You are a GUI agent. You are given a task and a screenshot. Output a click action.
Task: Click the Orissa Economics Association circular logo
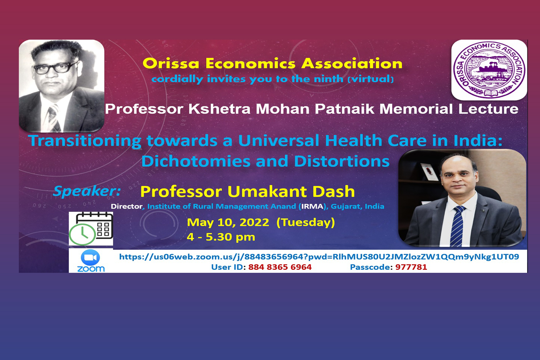click(x=489, y=70)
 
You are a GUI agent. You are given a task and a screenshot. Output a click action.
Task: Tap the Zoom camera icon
click(x=90, y=257)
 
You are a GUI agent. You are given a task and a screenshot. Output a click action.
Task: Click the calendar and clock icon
click(x=91, y=229)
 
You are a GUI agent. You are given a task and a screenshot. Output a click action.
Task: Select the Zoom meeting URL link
click(x=319, y=257)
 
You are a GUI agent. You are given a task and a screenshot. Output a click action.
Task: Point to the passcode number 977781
click(x=411, y=267)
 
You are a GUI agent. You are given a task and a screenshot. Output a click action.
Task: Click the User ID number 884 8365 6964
click(x=280, y=267)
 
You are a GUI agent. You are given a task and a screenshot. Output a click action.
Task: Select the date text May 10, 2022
click(x=228, y=222)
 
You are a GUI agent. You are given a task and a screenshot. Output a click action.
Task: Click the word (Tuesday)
click(x=306, y=222)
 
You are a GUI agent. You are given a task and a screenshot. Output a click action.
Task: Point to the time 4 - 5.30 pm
click(x=221, y=237)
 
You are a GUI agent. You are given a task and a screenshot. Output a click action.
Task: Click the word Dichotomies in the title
click(x=196, y=161)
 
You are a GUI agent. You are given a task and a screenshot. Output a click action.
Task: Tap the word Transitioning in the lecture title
click(x=85, y=141)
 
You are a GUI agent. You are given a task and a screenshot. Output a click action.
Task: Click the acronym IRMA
click(x=312, y=206)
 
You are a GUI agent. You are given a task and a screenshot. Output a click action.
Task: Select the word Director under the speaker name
click(x=127, y=206)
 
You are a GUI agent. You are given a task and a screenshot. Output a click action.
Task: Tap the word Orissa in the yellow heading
click(x=171, y=64)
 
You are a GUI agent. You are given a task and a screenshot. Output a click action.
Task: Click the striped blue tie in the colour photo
click(x=457, y=226)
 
